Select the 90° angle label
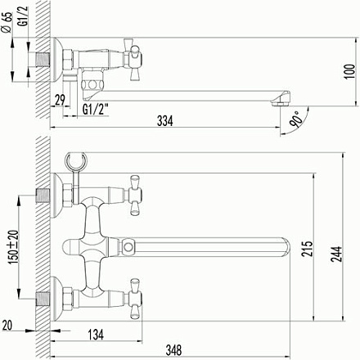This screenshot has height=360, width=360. click(x=296, y=123)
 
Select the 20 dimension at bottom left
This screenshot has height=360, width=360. click(x=7, y=326)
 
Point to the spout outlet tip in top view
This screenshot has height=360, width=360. click(x=281, y=100)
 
